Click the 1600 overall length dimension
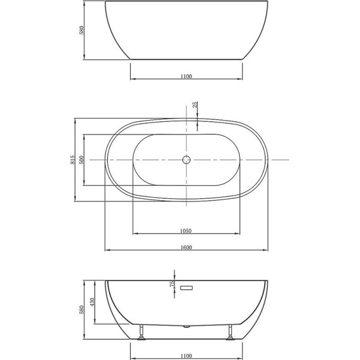click(x=186, y=247)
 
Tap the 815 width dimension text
click(x=73, y=160)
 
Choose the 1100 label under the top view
click(x=186, y=76)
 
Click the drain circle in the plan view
click(x=186, y=160)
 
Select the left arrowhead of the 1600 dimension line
click(x=107, y=251)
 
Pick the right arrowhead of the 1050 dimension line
click(x=239, y=234)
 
